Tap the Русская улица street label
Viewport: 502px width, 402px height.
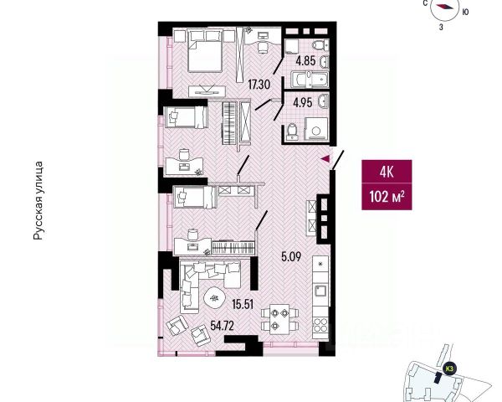(38, 202)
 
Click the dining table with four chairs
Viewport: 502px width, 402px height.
(277, 319)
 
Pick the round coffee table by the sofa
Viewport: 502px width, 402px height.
(213, 296)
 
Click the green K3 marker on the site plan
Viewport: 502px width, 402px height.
(449, 367)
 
